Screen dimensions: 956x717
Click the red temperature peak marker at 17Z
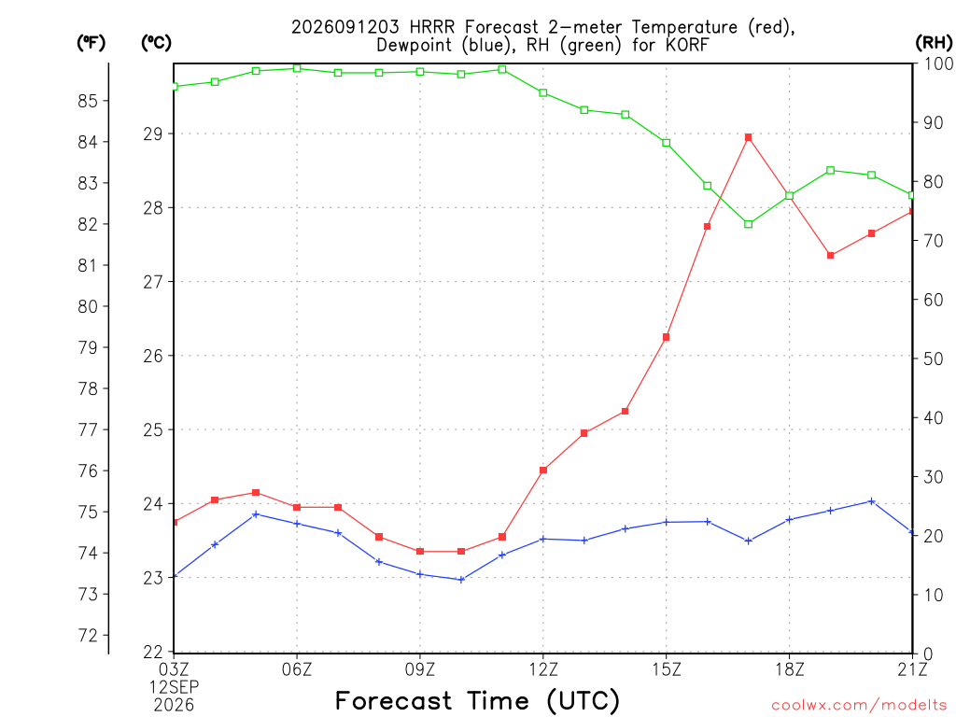pos(748,137)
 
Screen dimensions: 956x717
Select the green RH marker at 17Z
pos(748,224)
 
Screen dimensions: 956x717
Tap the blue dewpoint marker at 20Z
pos(871,501)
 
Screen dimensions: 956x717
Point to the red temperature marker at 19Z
pos(830,256)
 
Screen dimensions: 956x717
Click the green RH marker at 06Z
pos(297,68)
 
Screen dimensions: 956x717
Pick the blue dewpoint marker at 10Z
pos(461,580)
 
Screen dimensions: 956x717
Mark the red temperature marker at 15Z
pos(666,337)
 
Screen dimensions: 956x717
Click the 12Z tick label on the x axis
pos(543,669)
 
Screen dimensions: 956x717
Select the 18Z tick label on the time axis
pos(790,669)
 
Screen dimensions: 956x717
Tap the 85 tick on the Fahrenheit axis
pos(88,101)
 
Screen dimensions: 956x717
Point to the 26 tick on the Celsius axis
pos(153,356)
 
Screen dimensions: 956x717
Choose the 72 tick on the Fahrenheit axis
pos(88,635)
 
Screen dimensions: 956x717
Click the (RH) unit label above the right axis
pos(934,42)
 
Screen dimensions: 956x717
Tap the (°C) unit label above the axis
pos(156,42)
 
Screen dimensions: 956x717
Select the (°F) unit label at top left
pos(91,42)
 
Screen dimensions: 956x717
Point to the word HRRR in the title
pos(431,27)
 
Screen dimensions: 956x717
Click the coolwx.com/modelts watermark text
pos(859,705)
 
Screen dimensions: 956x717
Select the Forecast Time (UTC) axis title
pos(477,700)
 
